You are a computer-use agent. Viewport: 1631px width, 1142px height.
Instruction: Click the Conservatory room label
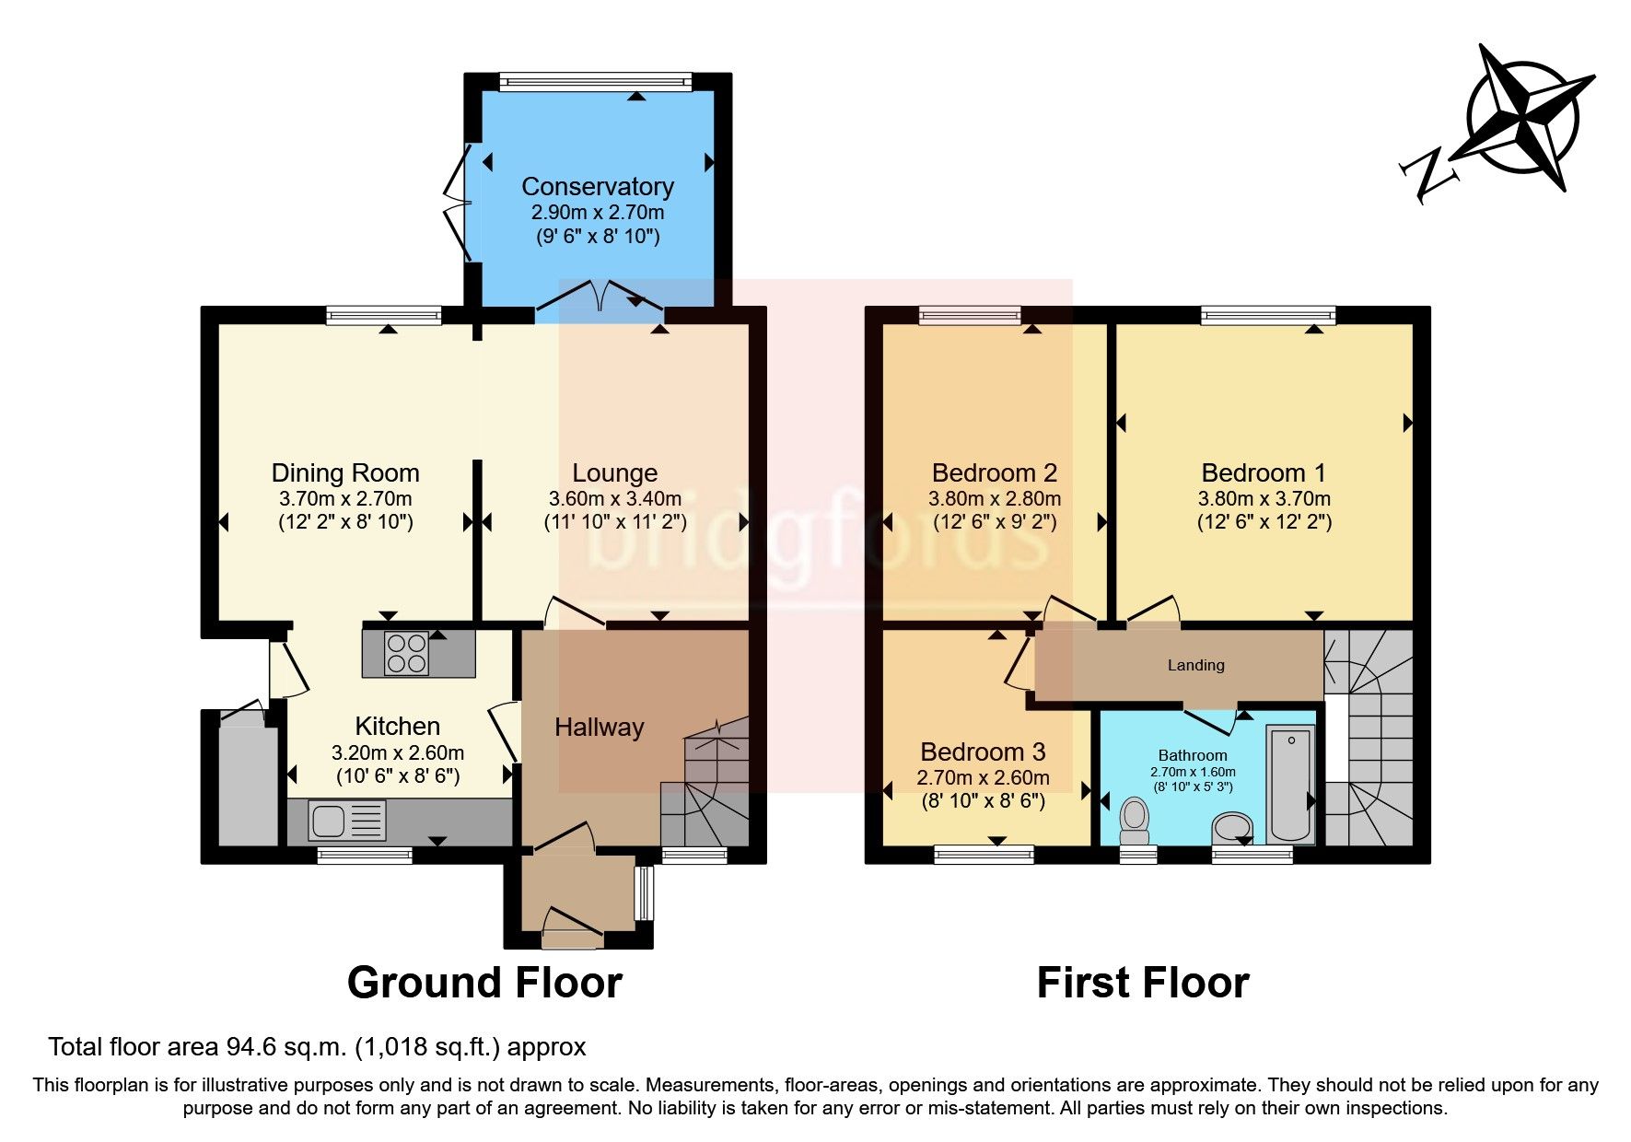[x=597, y=187]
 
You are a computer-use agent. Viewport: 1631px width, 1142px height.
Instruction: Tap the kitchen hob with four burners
[x=407, y=653]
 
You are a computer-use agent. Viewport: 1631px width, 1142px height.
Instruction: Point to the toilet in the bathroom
[x=1136, y=821]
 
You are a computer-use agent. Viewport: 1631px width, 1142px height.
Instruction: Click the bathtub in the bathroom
[x=1290, y=783]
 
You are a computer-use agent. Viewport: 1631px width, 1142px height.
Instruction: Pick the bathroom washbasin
[x=1231, y=826]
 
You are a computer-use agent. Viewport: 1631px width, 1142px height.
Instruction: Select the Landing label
[x=1195, y=665]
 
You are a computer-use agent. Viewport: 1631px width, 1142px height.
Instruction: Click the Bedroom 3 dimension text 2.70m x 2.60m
[x=983, y=777]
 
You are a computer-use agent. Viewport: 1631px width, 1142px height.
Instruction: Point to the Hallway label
[x=599, y=728]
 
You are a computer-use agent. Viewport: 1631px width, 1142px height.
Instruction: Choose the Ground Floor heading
[x=484, y=983]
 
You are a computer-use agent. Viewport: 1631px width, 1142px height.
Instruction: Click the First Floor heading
[x=1142, y=983]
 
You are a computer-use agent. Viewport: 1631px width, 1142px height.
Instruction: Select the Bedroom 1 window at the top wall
[x=1267, y=316]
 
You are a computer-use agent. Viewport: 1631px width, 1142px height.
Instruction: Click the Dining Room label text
[x=345, y=473]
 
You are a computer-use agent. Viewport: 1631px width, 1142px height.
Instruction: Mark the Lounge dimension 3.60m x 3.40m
[x=614, y=499]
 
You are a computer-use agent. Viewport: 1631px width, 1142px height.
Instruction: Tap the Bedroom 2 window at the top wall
[x=970, y=316]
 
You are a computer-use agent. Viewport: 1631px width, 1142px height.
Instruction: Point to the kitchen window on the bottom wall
[x=365, y=856]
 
